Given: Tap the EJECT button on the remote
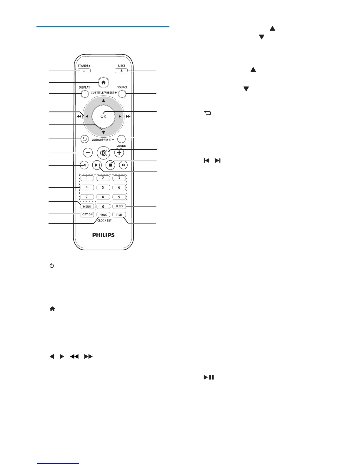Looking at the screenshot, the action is pos(121,71).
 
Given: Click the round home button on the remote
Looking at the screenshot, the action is pos(103,83).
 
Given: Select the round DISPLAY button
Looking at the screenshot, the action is pos(84,94).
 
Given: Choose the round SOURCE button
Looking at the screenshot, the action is pos(122,94).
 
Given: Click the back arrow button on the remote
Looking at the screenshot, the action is pos(84,139).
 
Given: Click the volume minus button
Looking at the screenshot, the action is pos(88,153).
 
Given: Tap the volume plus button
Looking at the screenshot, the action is pos(119,153).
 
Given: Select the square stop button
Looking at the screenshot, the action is pos(110,165).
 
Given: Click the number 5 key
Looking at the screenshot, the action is pos(103,187).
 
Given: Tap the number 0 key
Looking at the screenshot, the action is pos(103,207).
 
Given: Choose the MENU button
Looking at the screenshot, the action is pos(87,207).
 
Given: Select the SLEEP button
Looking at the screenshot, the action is pos(119,206).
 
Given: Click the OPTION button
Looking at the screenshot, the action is pos(87,214).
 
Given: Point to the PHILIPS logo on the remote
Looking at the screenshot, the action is pos(104,235).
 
